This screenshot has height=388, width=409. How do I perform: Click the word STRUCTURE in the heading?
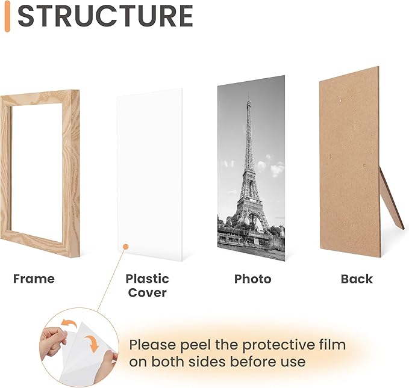pos(105,17)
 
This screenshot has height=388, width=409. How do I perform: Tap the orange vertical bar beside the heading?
pos(7,17)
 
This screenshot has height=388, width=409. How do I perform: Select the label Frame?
pos(34,279)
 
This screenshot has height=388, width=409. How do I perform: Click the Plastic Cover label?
pos(147,286)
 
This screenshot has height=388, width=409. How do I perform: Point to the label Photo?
pos(252,279)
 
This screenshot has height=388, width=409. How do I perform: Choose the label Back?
pos(357,279)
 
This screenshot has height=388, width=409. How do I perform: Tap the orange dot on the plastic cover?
pos(124,245)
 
